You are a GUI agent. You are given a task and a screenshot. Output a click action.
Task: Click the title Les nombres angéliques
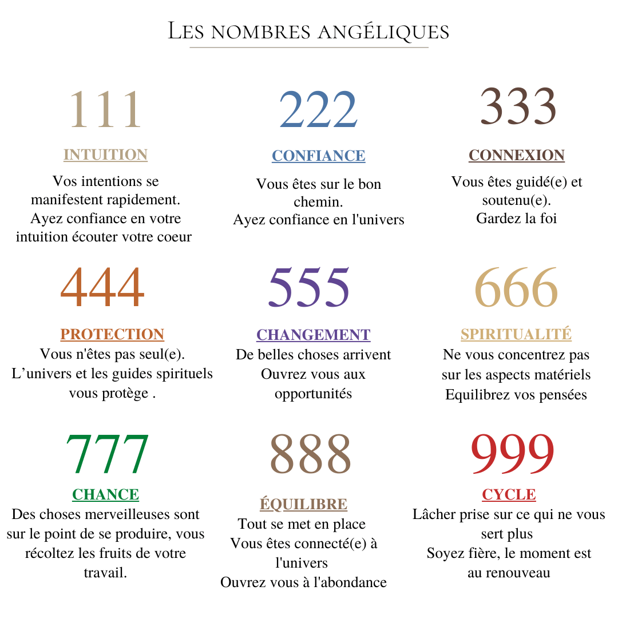[308, 31]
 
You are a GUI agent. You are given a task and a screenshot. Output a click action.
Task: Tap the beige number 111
[105, 110]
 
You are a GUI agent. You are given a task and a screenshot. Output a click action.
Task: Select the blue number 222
[318, 110]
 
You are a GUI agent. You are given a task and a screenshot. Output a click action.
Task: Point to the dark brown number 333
[518, 106]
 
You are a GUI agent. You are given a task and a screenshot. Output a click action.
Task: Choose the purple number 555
[309, 288]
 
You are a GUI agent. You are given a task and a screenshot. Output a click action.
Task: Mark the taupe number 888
[310, 454]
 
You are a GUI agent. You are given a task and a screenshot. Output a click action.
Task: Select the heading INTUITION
[105, 155]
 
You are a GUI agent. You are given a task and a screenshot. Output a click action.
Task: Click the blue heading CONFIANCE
[318, 156]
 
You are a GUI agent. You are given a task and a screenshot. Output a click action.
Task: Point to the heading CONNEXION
[517, 155]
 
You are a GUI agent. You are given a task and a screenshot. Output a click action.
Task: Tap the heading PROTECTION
[112, 334]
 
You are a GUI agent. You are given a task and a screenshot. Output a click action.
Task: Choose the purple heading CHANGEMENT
[313, 335]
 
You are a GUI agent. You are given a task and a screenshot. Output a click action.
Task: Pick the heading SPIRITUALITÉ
[516, 334]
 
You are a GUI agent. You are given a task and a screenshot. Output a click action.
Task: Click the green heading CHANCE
[105, 494]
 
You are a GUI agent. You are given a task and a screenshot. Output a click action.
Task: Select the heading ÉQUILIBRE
[303, 504]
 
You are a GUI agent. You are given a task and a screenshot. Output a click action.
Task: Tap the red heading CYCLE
[509, 494]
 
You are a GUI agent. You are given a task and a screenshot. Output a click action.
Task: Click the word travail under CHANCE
[105, 572]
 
